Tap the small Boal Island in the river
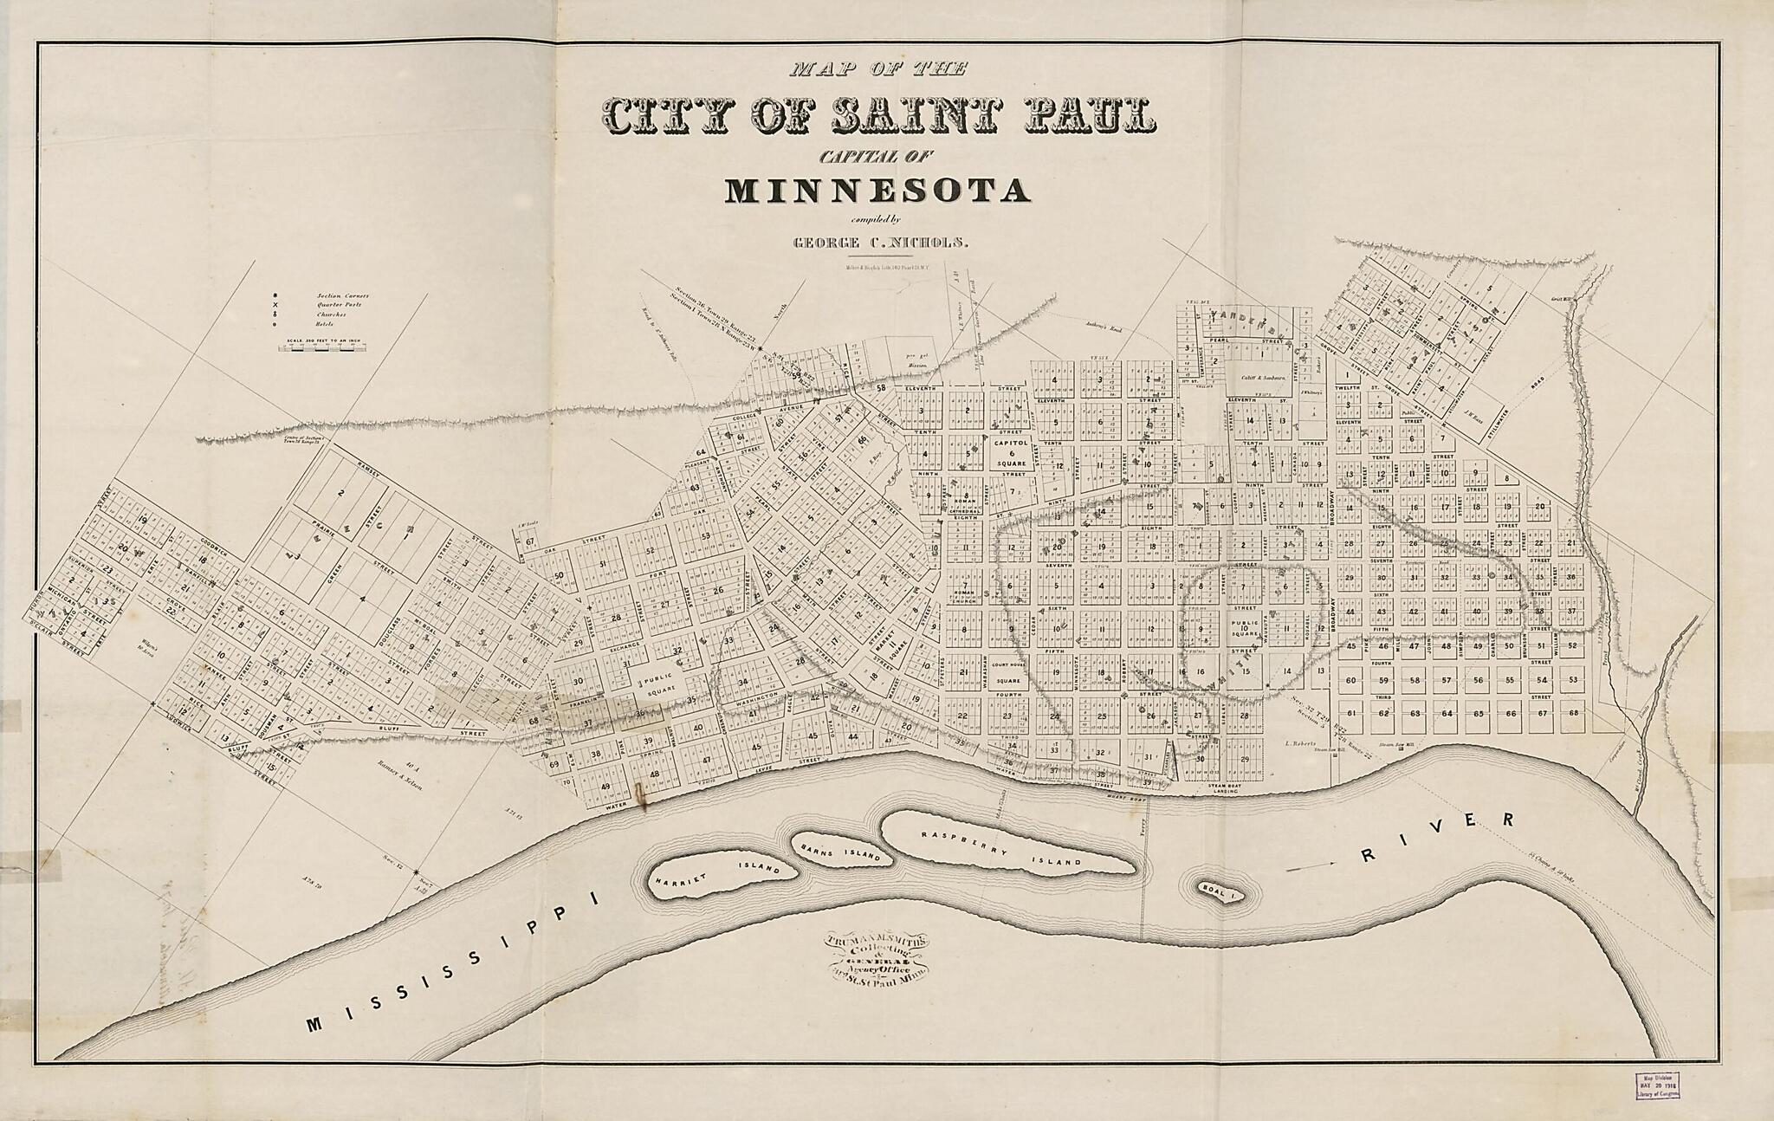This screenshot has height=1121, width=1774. pyautogui.click(x=1220, y=890)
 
